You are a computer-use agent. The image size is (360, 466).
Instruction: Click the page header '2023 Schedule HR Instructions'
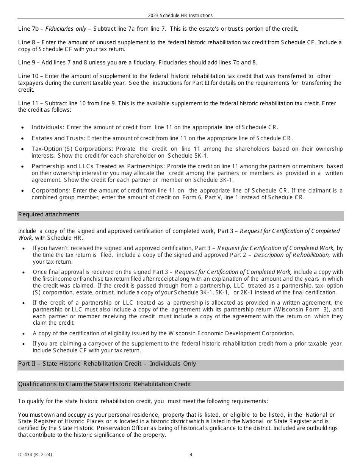tap(180, 16)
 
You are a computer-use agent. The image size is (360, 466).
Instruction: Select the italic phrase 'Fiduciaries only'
tap(66, 29)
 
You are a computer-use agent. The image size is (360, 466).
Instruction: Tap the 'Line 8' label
tap(27, 42)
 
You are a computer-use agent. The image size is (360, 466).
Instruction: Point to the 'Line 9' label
tap(27, 63)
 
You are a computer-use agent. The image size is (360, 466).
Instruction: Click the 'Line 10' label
tap(29, 76)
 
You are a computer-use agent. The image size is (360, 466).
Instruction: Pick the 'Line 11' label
tap(29, 103)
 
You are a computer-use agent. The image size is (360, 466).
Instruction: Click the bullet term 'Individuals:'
tap(48, 127)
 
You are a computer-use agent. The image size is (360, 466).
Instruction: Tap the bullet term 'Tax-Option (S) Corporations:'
tap(72, 149)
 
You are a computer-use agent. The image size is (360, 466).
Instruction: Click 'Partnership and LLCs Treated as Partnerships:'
tap(98, 166)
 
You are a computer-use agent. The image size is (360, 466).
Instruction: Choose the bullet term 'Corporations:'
tap(51, 191)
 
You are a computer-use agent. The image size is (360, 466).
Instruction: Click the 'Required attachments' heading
tap(49, 214)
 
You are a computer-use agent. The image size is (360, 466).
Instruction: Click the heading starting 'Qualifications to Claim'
tap(104, 384)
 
